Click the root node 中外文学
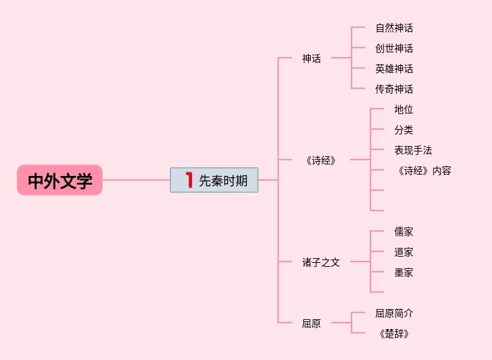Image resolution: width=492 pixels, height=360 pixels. [x=60, y=181]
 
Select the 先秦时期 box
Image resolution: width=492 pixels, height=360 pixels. [x=214, y=180]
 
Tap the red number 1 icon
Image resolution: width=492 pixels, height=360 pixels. [x=189, y=180]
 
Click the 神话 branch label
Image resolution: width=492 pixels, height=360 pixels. [x=311, y=58]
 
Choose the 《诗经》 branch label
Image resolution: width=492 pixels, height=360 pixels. [x=321, y=160]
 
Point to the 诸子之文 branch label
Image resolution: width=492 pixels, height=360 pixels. [x=321, y=262]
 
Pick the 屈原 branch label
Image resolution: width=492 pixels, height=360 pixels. [x=311, y=323]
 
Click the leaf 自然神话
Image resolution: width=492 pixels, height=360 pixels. [x=394, y=28]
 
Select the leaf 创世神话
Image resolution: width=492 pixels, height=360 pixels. [x=394, y=48]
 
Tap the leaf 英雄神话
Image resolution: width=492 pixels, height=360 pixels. [x=394, y=69]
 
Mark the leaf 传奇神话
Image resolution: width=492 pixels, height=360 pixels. [x=394, y=89]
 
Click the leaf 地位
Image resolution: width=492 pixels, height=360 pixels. [x=404, y=109]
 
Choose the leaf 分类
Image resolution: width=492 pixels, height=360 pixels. [x=404, y=130]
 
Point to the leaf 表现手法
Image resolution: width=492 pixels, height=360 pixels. [x=413, y=150]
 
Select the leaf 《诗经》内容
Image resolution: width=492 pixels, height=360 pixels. [x=423, y=170]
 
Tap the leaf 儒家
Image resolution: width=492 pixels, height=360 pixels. [x=404, y=232]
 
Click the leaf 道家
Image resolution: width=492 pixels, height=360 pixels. [x=404, y=252]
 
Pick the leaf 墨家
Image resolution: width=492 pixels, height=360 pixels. [x=404, y=272]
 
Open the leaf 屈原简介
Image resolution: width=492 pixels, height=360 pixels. [x=394, y=313]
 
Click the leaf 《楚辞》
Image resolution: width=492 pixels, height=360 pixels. [x=394, y=334]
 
